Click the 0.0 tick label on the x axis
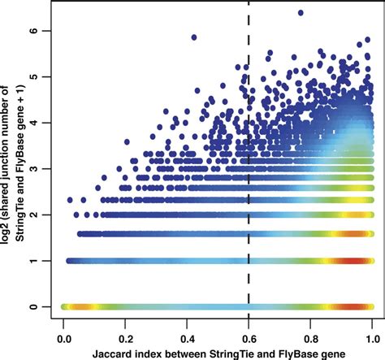[63, 334]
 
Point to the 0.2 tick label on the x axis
[125, 334]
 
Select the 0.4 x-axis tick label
[187, 334]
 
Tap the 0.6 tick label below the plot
[249, 334]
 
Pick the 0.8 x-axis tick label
[310, 334]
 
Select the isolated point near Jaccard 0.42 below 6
[193, 37]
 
